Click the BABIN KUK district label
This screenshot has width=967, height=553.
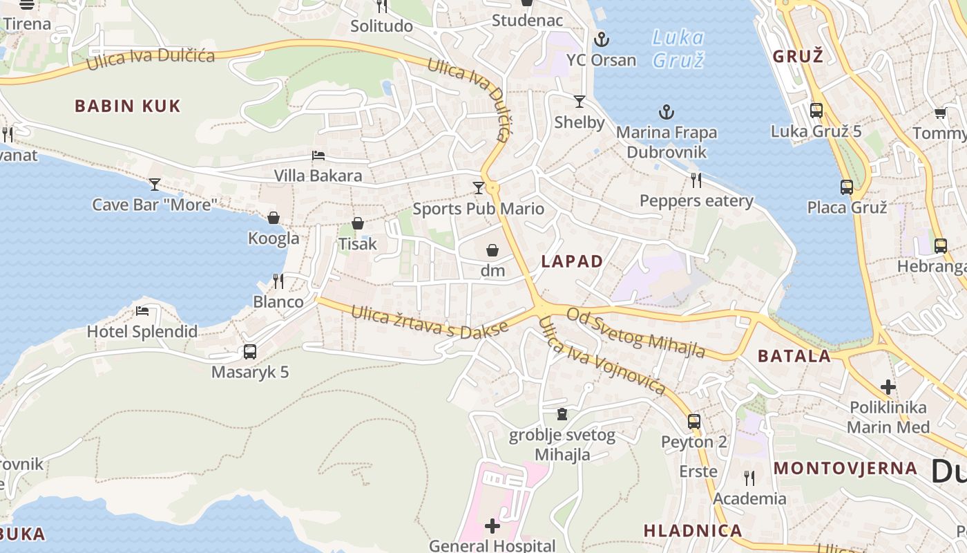tap(127, 106)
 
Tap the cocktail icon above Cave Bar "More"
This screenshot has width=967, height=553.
tap(155, 184)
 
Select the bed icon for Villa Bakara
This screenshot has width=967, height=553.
tap(318, 156)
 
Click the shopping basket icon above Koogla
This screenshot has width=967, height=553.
tap(274, 218)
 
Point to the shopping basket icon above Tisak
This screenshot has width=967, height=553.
tap(358, 223)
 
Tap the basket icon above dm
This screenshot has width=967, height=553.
tap(492, 250)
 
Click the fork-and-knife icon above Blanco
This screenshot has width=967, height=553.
tap(278, 281)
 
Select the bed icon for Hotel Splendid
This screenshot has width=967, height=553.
tap(142, 311)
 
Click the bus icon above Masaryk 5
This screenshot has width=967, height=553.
tap(250, 351)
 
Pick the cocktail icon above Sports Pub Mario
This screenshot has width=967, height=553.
tap(478, 187)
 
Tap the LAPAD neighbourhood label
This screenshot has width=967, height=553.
tap(572, 261)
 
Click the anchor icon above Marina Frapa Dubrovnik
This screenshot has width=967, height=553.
tap(667, 111)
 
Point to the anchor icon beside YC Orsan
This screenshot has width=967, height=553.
tap(602, 39)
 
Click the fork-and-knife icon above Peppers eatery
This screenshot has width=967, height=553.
tap(696, 180)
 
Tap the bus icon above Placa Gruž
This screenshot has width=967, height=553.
tap(847, 187)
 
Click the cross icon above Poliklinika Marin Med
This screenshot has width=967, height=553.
tap(888, 387)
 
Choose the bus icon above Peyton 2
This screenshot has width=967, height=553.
tap(694, 421)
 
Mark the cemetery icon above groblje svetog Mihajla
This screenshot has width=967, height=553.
tap(562, 414)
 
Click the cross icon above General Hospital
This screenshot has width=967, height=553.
tap(492, 527)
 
